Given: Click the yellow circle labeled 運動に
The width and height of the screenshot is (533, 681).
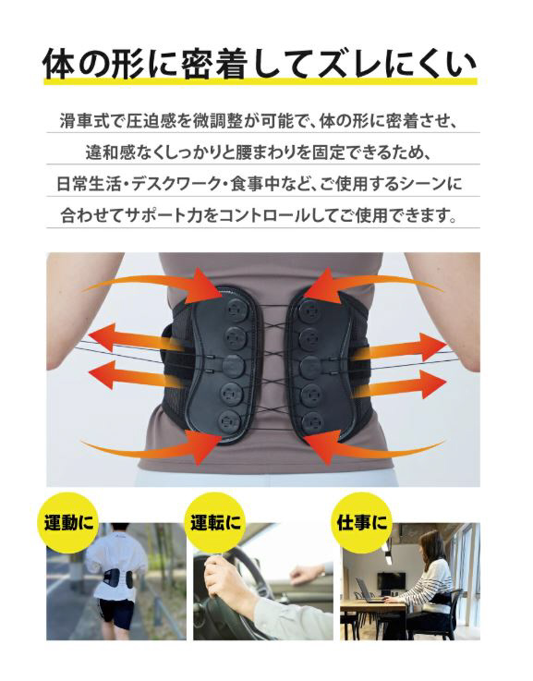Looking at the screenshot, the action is pyautogui.click(x=68, y=522).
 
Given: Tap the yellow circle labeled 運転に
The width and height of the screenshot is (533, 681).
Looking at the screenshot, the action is pyautogui.click(x=215, y=522).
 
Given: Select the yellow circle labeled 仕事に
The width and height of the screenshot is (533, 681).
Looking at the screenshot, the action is pyautogui.click(x=361, y=522).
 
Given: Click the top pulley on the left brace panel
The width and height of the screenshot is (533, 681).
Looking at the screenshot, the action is pyautogui.click(x=236, y=310).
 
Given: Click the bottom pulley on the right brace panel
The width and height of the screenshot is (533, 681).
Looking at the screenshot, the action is pyautogui.click(x=310, y=420).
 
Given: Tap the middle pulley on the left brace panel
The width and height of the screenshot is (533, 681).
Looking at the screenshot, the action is pyautogui.click(x=234, y=365).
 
